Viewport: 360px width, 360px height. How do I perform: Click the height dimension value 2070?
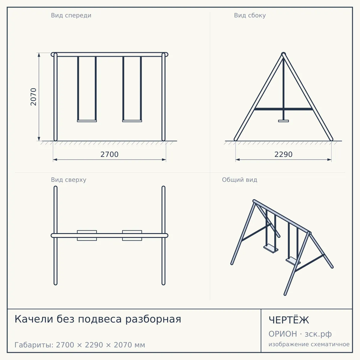33,97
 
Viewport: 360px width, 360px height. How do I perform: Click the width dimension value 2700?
109,154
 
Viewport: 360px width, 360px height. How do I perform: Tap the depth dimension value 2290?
283,154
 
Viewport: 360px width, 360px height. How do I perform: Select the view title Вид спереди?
71,16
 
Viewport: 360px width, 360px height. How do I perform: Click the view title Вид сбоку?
250,16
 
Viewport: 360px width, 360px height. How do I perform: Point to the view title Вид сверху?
69,180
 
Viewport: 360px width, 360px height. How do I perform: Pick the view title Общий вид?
239,180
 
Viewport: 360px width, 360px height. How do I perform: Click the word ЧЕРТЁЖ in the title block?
289,320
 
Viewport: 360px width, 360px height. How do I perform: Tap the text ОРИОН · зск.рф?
300,334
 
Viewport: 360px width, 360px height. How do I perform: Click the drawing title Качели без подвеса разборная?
98,319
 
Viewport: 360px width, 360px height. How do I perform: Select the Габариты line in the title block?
80,345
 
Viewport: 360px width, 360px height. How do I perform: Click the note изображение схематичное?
309,344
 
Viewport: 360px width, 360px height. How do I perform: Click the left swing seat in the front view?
87,121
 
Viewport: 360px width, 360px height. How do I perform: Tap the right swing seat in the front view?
132,121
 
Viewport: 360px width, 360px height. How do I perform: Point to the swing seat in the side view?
283,121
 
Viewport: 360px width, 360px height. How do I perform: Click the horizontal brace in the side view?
283,109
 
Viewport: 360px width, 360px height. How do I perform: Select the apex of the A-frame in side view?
283,54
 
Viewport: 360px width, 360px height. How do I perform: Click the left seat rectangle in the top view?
87,235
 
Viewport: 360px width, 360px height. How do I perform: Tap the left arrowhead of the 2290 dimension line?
238,160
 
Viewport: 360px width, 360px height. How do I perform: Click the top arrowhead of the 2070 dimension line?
39,55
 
